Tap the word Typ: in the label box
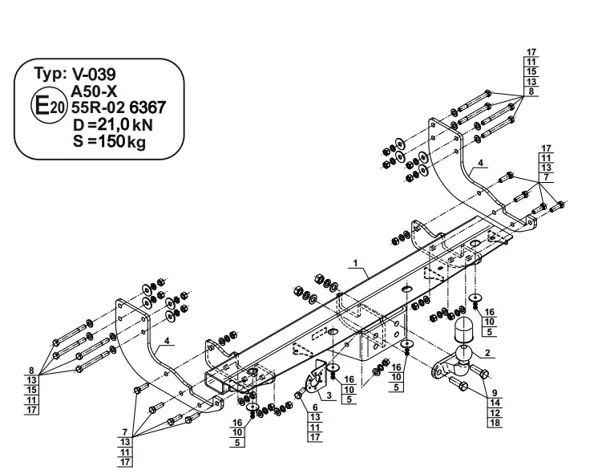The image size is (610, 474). click(50, 73)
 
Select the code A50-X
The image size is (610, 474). click(94, 91)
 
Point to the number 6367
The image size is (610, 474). click(147, 107)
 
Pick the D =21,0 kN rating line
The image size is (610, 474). click(113, 124)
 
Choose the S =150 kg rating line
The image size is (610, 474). click(109, 141)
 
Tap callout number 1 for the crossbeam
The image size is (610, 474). click(355, 263)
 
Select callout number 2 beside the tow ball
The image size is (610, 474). click(487, 353)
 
